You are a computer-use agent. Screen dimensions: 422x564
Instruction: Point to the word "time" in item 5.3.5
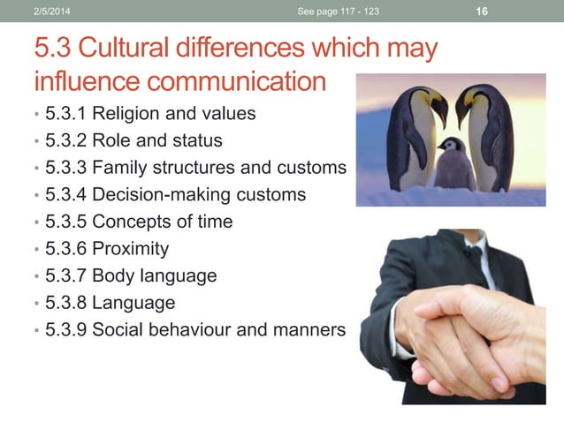pyautogui.click(x=213, y=222)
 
